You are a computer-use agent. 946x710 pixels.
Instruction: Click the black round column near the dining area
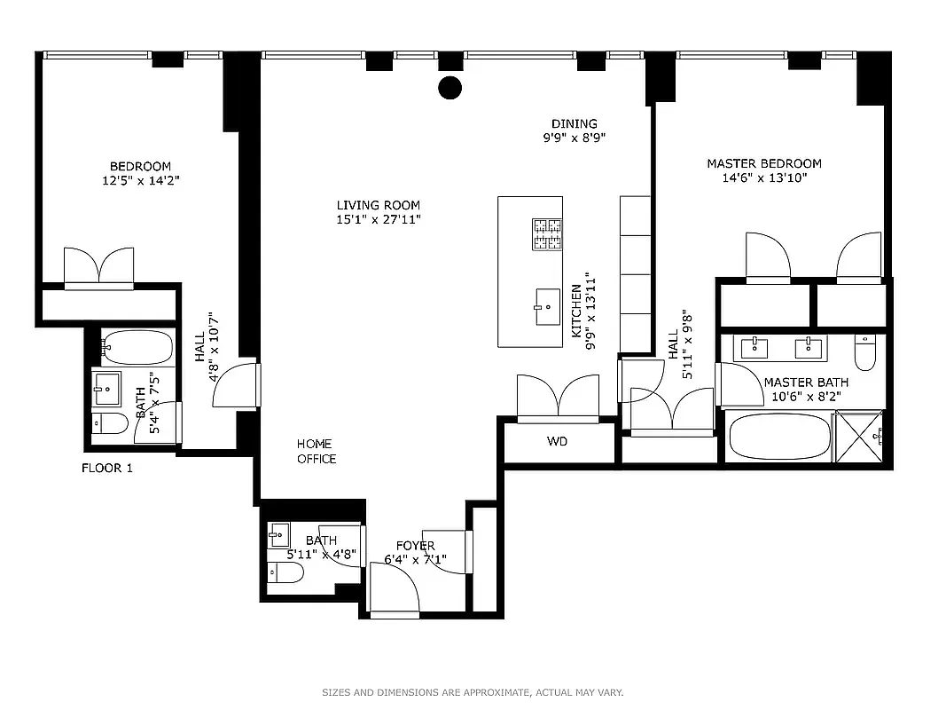click(450, 87)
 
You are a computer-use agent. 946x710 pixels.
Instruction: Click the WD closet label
click(557, 441)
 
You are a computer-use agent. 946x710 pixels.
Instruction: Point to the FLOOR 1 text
click(106, 468)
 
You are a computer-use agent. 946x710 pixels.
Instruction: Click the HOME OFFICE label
click(317, 451)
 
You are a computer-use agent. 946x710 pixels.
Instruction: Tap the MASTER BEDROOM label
click(763, 163)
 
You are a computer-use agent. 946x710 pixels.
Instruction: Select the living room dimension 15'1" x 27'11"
click(378, 218)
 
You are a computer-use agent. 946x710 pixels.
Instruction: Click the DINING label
click(574, 123)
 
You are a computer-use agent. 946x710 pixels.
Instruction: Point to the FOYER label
click(415, 546)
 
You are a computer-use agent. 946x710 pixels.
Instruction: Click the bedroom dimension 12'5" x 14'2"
click(140, 180)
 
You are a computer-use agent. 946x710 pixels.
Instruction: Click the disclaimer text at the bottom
click(473, 692)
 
